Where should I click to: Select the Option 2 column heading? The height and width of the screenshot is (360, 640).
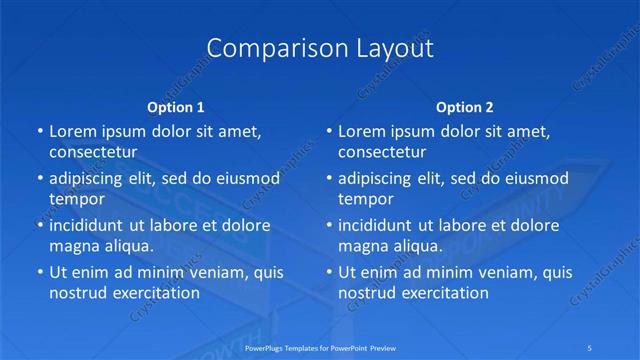coord(465,106)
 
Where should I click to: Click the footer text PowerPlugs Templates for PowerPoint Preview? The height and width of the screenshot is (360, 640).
coord(320,348)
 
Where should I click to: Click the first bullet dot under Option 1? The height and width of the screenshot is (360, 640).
coord(40,131)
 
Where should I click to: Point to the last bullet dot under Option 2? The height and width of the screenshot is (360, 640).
coord(329,272)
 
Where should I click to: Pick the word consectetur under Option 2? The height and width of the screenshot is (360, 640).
coord(381,152)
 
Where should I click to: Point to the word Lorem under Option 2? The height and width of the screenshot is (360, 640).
coord(362,131)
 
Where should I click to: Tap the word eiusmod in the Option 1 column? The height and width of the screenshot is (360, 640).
coord(249,179)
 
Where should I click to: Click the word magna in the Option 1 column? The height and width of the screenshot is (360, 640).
coord(72,245)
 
